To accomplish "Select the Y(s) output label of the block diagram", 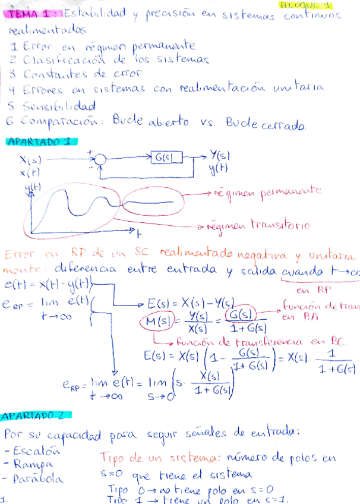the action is click(220, 156).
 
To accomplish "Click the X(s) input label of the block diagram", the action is click(30, 160).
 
